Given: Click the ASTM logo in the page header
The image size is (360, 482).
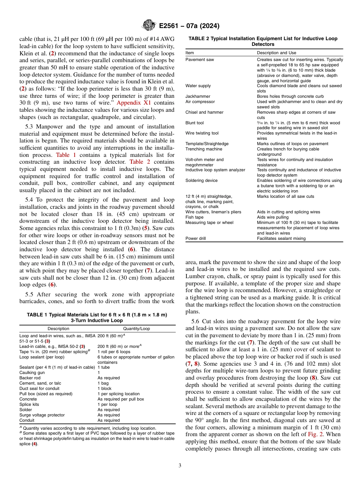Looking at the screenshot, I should pos(149,25).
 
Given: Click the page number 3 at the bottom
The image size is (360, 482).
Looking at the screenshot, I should pos(180,466).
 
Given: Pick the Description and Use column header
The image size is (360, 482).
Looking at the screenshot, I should pos(276,53).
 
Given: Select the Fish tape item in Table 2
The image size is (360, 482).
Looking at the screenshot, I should pos(194,217).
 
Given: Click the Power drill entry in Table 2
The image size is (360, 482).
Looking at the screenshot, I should pos(196,238).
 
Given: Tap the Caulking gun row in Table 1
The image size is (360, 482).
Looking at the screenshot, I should pos(32,372).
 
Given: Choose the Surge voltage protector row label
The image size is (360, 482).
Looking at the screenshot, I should pos(42,415).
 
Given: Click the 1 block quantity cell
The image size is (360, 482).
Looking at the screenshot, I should pos(105,388).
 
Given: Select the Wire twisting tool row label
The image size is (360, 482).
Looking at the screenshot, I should pos(202,133).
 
